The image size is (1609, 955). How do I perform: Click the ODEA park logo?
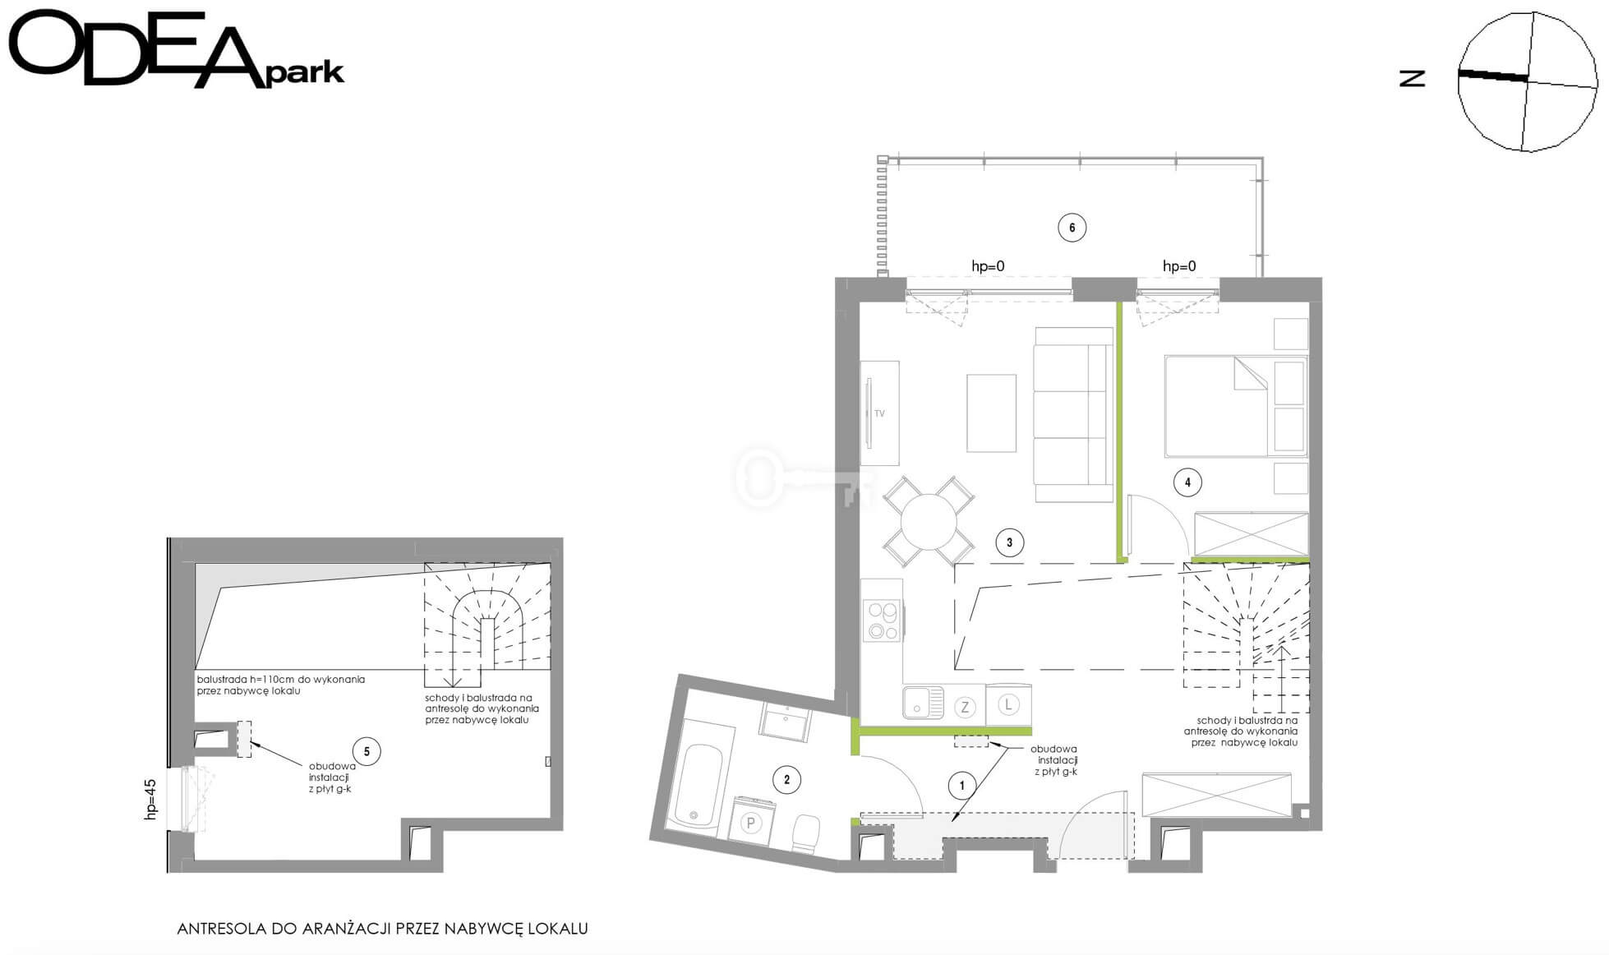pos(175,49)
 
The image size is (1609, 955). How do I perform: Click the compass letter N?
pos(1412,78)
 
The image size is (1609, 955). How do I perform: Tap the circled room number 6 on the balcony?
pos(1072,228)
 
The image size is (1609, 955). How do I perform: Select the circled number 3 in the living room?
pos(1009,542)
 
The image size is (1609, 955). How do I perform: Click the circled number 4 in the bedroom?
pos(1187,482)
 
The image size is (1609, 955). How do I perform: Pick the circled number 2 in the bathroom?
pos(786,780)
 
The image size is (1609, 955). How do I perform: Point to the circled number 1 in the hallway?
pos(962,786)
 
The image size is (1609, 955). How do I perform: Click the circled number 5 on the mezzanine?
pos(367,751)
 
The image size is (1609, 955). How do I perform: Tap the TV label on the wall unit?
pos(879,413)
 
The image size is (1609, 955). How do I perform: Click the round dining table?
pos(929,522)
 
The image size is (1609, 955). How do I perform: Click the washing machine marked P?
pos(751,819)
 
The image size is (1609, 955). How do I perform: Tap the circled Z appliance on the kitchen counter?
pos(965,707)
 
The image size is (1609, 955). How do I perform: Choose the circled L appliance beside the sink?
pos(1008,704)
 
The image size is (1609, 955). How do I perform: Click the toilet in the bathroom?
pos(806,834)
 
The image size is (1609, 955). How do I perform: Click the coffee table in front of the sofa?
pos(991,413)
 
